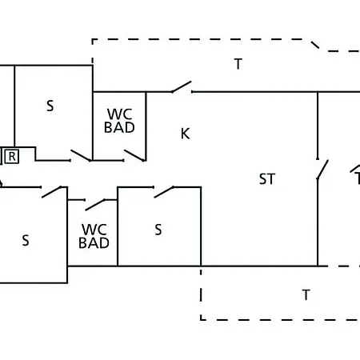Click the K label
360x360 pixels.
186,134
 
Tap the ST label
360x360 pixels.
267,179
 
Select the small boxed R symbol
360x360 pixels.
12,157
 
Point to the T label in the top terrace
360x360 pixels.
238,64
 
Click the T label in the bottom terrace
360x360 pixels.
306,295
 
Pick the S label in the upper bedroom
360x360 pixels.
50,106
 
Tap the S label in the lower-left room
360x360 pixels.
26,240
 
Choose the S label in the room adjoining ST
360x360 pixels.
158,230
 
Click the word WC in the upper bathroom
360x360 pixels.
119,114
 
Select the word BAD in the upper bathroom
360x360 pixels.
119,127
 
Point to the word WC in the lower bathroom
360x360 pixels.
94,230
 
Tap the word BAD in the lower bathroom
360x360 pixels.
94,243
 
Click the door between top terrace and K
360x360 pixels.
182,87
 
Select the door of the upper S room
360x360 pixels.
81,155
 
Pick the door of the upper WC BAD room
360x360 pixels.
134,155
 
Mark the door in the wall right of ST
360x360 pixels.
322,170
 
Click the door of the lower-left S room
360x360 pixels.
51,192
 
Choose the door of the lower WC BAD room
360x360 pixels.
95,205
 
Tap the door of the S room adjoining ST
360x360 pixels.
164,192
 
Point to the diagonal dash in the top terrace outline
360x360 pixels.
315,45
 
